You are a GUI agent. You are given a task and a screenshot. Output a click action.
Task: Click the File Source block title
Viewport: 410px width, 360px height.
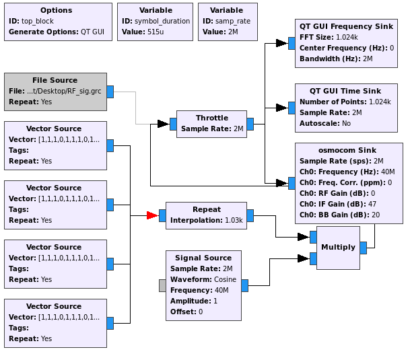click(x=55, y=80)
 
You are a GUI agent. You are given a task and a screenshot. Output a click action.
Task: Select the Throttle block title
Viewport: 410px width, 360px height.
click(x=211, y=118)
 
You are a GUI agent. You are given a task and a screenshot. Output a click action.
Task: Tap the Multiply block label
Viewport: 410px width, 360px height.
click(x=338, y=247)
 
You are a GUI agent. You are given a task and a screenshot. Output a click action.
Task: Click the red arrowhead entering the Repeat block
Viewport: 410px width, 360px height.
click(x=153, y=215)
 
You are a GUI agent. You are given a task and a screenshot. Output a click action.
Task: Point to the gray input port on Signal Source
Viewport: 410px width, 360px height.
click(x=162, y=285)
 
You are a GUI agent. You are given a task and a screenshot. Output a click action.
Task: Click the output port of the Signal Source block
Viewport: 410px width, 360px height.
click(x=244, y=285)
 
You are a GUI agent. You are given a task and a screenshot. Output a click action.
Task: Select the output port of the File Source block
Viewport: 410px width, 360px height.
click(x=110, y=92)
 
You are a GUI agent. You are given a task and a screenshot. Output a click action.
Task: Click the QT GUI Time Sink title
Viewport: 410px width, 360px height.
click(x=345, y=91)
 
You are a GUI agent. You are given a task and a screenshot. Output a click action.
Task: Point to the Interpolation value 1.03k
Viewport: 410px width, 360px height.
click(x=233, y=220)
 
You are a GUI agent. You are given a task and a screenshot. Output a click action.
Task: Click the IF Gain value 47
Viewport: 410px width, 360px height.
click(x=372, y=204)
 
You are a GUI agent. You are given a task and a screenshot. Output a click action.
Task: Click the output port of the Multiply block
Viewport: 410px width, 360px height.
click(x=364, y=247)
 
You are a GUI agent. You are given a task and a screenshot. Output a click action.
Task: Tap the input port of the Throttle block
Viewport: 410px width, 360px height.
click(x=173, y=124)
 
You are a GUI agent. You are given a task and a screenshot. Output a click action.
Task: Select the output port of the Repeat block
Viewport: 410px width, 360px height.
click(x=250, y=215)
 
